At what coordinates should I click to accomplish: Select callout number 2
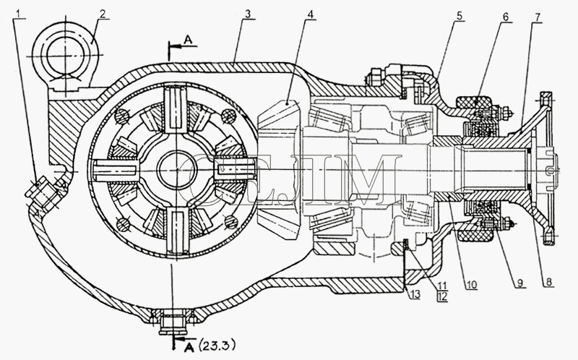click(x=102, y=14)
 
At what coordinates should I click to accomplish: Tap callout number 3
click(x=248, y=14)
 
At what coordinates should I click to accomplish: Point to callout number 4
click(x=311, y=14)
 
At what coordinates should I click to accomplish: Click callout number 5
click(x=459, y=15)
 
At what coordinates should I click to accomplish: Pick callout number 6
click(x=505, y=17)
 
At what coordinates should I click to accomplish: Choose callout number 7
click(x=538, y=17)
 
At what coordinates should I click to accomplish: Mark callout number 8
click(x=549, y=282)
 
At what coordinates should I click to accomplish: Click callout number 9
click(x=519, y=283)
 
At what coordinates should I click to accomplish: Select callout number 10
click(x=472, y=284)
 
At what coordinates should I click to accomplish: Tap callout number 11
click(x=443, y=286)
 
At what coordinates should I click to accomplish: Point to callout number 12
click(x=443, y=296)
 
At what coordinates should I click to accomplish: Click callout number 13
click(x=415, y=294)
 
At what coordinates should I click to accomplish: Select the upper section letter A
click(x=189, y=40)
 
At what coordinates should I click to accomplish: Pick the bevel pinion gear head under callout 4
click(x=280, y=171)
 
